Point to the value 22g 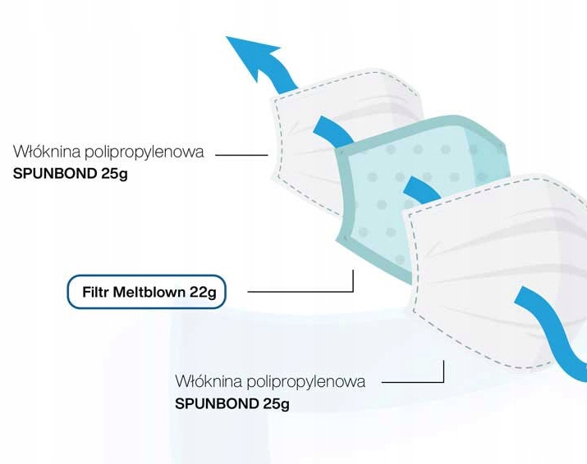(x=203, y=292)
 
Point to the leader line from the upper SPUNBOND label (x=242, y=153)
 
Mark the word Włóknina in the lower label (x=202, y=382)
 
